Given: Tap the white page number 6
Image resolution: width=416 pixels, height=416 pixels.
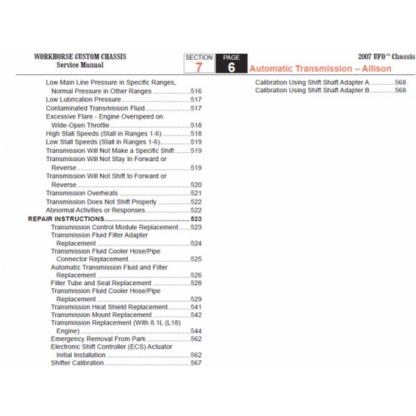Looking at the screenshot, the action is (230, 67).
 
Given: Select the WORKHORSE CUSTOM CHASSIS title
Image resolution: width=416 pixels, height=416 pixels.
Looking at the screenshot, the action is (80, 57).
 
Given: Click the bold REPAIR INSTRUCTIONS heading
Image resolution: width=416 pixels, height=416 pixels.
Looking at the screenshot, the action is (67, 219).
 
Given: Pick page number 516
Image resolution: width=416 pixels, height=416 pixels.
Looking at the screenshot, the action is (196, 91).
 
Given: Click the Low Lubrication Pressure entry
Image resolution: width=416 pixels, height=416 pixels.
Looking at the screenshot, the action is (83, 99).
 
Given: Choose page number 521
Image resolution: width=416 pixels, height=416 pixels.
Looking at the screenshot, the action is (196, 194).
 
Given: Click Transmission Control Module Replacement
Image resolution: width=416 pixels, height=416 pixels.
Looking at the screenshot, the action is (114, 227).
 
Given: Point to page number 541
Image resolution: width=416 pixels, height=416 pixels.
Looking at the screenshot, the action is (196, 306).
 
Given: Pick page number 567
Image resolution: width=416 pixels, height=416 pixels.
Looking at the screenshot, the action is (196, 363).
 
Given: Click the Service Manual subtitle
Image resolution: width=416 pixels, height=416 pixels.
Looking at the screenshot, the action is (80, 66).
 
